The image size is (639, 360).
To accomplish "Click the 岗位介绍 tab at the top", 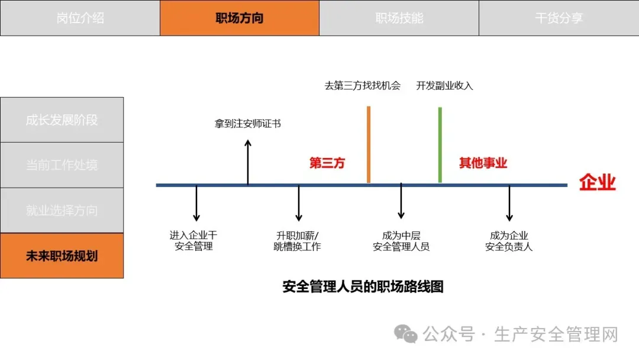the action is (x=80, y=18).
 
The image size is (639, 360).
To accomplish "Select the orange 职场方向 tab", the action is (x=240, y=18).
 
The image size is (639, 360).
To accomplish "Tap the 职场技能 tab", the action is (x=399, y=18).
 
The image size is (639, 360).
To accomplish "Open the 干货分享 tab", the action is (x=559, y=18).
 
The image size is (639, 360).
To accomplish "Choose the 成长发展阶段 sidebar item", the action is (x=62, y=120).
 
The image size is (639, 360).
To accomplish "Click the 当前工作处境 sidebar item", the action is (x=62, y=165).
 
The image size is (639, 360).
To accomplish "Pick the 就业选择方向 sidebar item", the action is (x=62, y=211).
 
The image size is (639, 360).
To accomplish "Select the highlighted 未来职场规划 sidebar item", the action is (x=62, y=256).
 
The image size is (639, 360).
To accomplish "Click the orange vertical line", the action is (x=369, y=144).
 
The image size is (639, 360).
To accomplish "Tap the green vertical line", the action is (x=440, y=144).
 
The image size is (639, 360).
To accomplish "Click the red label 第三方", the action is (x=327, y=163).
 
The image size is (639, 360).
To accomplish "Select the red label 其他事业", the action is (x=483, y=163).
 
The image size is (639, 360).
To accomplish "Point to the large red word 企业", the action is (x=597, y=182).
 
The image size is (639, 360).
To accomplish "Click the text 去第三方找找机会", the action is (x=363, y=86).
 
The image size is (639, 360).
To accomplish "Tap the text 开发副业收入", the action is (x=444, y=86).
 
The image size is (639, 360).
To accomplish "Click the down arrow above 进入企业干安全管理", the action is (x=196, y=204).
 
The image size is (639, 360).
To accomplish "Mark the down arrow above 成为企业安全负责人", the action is (x=509, y=204).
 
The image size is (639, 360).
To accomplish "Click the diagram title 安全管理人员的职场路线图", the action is (x=363, y=287).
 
